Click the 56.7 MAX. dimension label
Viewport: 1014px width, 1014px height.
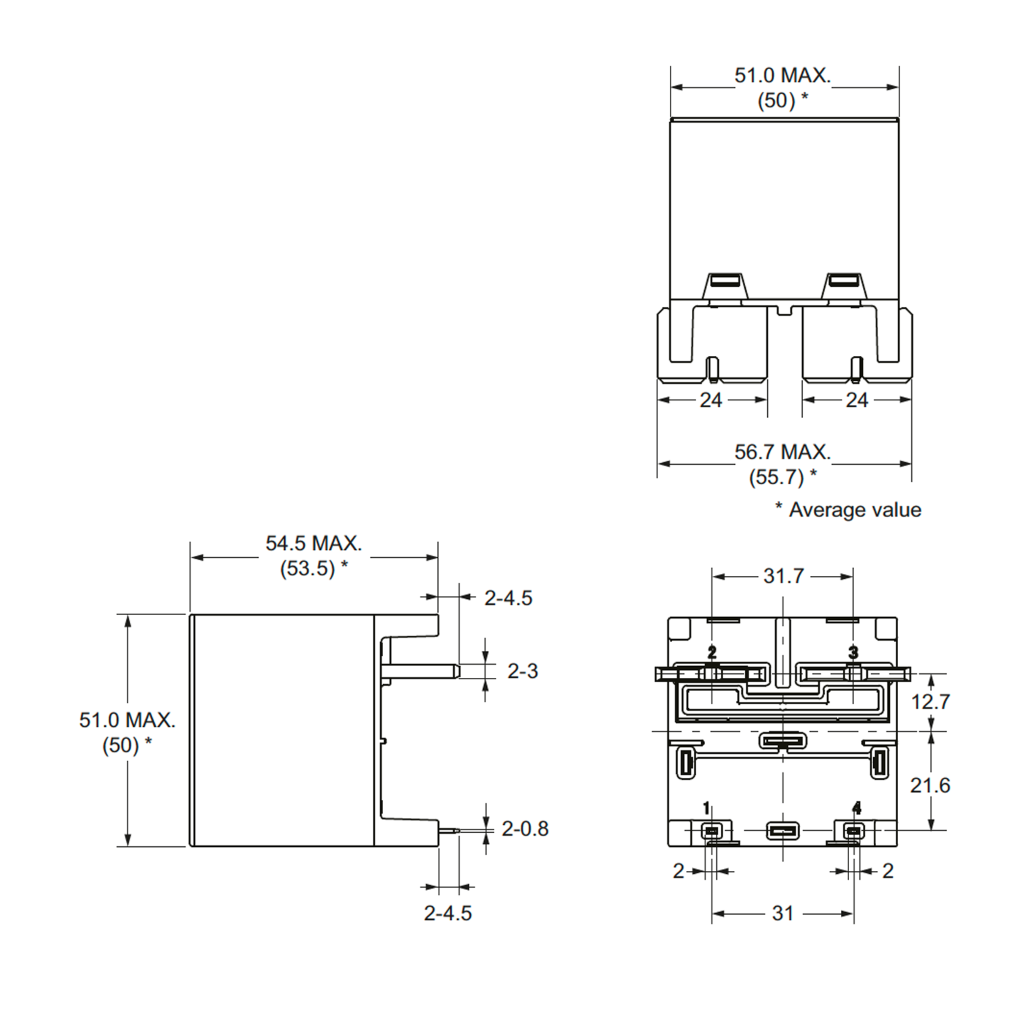(782, 452)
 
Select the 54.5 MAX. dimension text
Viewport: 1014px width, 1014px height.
(314, 544)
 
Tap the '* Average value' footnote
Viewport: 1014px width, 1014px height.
(848, 510)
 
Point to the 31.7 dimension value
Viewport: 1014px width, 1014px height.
(783, 576)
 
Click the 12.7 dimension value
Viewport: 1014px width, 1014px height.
(930, 702)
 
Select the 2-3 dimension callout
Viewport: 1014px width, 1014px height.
(523, 671)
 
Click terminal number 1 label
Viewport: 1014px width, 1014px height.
(706, 808)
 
